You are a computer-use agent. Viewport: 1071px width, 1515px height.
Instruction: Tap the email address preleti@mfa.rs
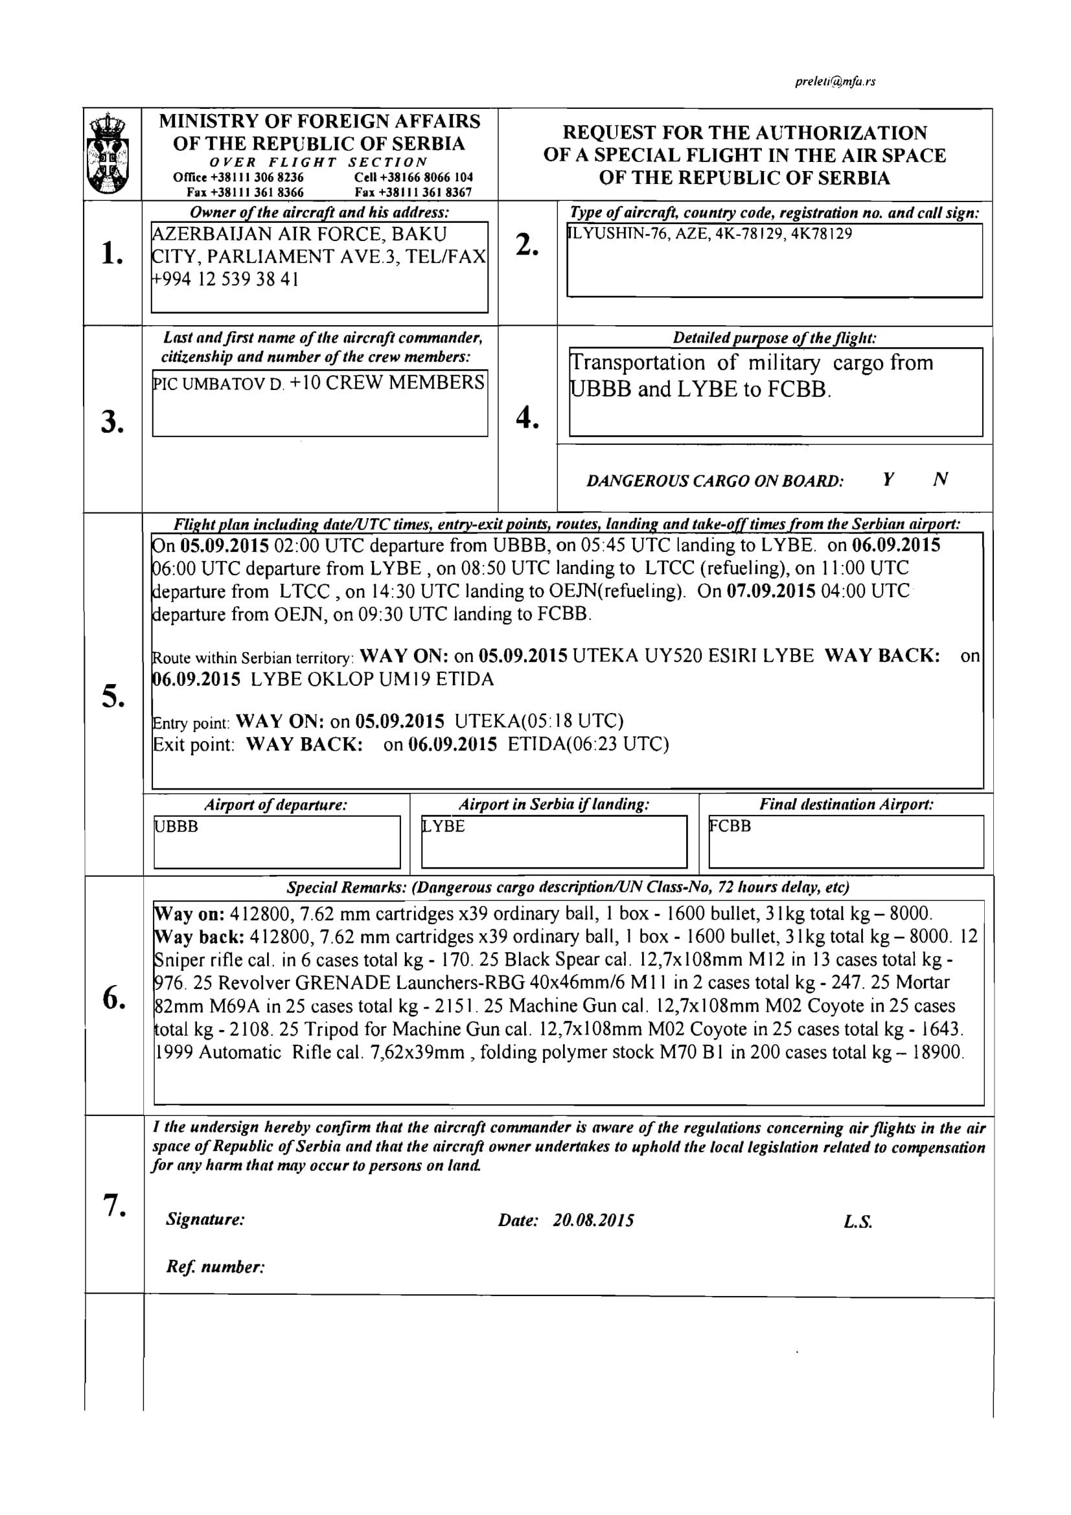click(x=835, y=82)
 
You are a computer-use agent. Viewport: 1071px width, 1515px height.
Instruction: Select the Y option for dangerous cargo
click(x=888, y=480)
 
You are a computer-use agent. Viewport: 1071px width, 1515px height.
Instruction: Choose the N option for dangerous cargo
click(x=941, y=480)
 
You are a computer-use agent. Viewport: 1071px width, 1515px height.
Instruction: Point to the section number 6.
click(x=114, y=999)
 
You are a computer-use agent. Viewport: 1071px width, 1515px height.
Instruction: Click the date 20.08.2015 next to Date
click(x=593, y=1221)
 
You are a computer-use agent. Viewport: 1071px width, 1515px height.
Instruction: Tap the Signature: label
click(x=205, y=1220)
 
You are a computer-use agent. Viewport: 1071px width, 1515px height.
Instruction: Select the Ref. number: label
click(x=215, y=1267)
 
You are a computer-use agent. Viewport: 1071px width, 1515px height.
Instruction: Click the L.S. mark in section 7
click(x=857, y=1222)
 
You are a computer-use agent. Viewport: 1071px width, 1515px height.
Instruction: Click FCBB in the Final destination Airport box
click(x=730, y=826)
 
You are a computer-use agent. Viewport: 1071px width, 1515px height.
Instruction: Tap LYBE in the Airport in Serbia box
click(x=443, y=826)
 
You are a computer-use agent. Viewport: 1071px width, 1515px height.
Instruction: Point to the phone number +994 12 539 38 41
click(x=225, y=280)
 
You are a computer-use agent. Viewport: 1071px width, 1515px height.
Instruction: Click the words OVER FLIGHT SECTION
click(x=319, y=163)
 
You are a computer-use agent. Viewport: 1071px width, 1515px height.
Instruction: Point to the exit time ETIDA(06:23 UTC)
click(x=588, y=745)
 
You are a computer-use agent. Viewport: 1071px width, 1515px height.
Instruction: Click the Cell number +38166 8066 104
click(x=413, y=177)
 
